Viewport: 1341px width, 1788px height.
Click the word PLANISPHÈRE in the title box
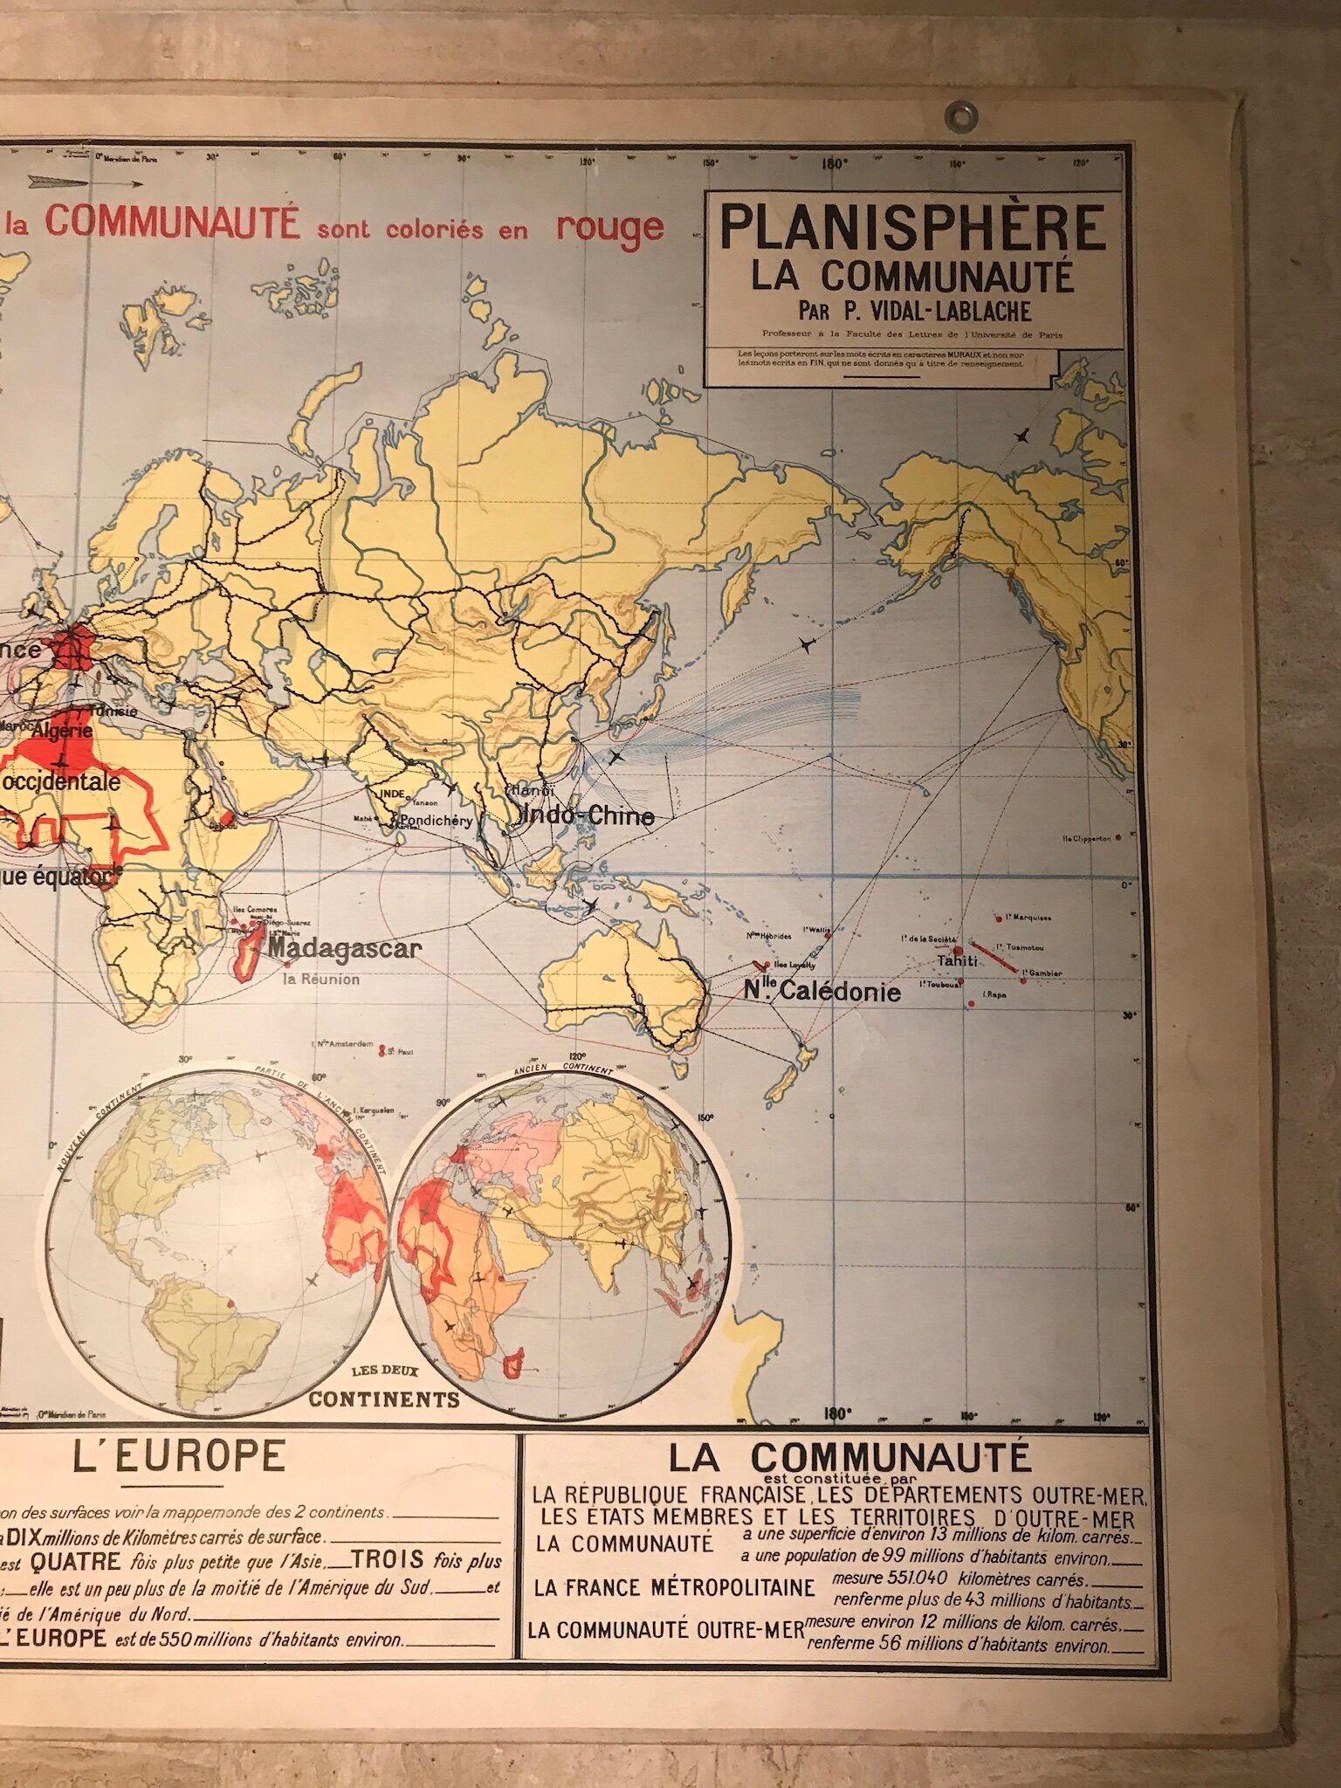tap(912, 229)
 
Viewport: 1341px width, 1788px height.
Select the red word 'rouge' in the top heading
tap(610, 227)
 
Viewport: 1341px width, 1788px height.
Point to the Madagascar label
tap(345, 949)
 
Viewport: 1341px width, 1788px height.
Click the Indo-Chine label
tap(586, 815)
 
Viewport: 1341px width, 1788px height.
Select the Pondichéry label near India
tap(436, 821)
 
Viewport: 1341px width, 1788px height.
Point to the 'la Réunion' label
tap(320, 979)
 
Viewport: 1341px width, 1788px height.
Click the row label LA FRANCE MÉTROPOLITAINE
tap(675, 1587)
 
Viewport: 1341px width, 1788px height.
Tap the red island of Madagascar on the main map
tap(248, 954)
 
